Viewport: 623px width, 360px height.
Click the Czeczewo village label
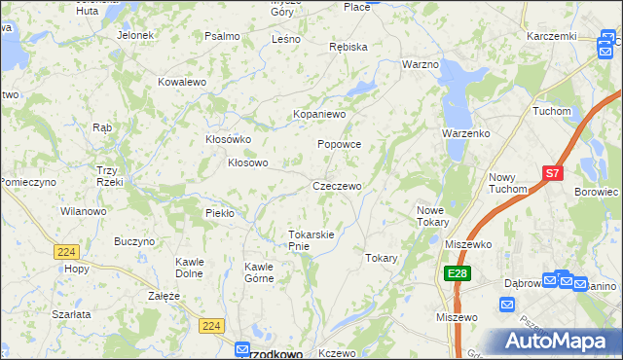(x=337, y=186)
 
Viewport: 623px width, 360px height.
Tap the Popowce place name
(x=340, y=144)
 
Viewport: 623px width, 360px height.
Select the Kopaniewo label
(x=320, y=114)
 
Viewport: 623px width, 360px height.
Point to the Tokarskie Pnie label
(x=311, y=240)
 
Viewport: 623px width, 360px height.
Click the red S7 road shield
(x=552, y=173)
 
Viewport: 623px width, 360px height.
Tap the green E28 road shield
(x=458, y=275)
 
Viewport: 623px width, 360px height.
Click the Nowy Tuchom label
(x=507, y=183)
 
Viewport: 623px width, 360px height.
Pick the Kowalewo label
(x=182, y=83)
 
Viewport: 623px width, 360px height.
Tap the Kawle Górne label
(x=259, y=272)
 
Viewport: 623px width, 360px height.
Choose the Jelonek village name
(x=135, y=35)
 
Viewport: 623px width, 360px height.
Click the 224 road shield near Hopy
(x=65, y=251)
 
